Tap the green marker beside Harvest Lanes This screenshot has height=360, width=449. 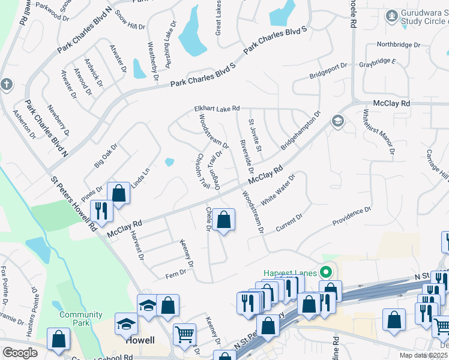(x=327, y=272)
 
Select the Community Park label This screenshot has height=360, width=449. (x=81, y=319)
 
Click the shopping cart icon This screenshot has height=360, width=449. (x=184, y=334)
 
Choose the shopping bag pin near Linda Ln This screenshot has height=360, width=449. (x=119, y=193)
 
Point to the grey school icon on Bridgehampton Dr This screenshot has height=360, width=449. (x=337, y=122)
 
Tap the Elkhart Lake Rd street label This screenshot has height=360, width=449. (x=217, y=109)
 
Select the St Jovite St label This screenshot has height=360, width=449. (x=256, y=136)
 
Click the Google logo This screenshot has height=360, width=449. (x=20, y=352)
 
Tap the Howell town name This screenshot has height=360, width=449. (x=140, y=340)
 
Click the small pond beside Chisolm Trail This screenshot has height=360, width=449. (x=169, y=161)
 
